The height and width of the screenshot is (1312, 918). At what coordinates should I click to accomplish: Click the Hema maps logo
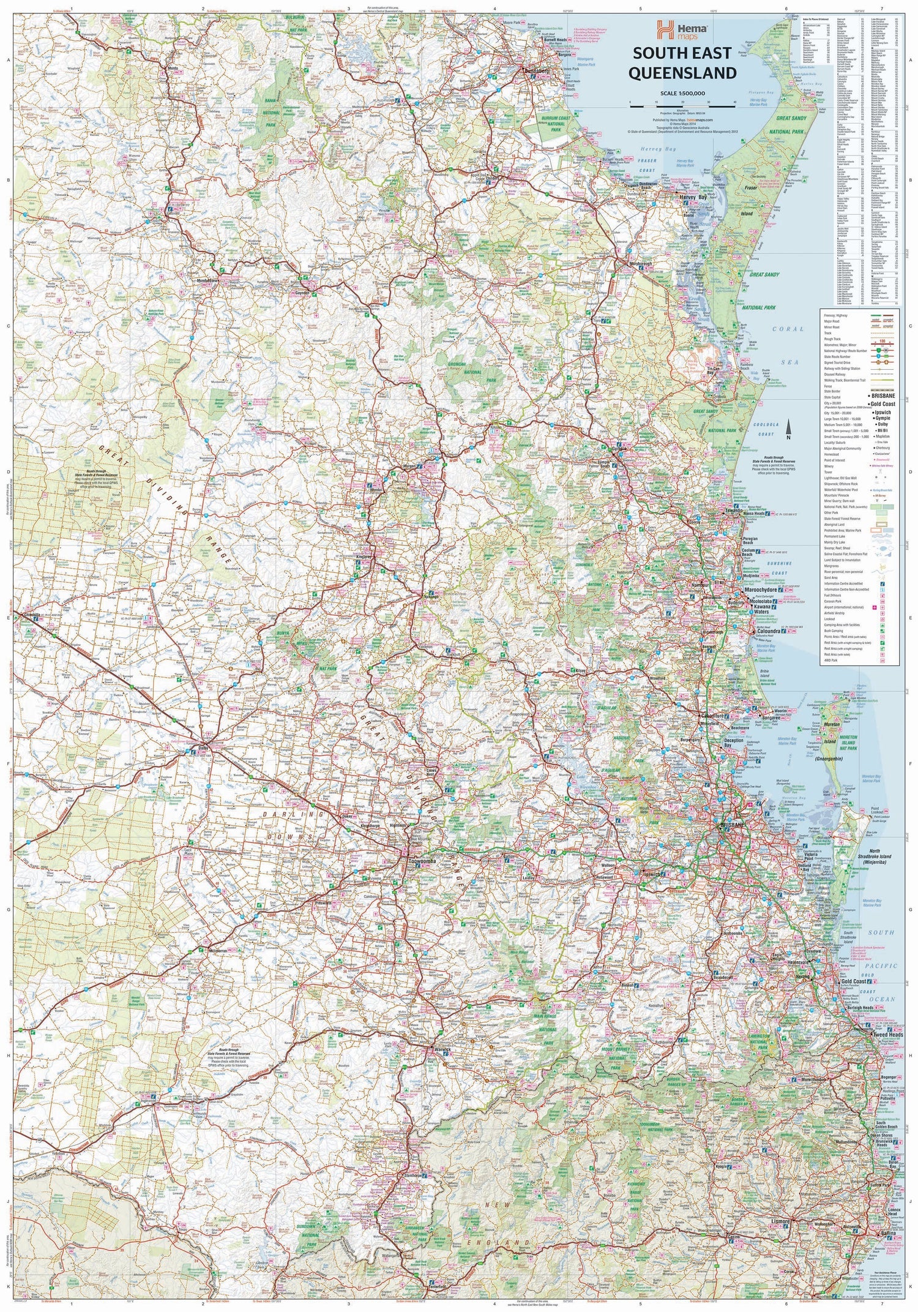click(x=682, y=29)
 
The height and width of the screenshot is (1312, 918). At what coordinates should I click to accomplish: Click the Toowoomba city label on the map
click(x=422, y=860)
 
